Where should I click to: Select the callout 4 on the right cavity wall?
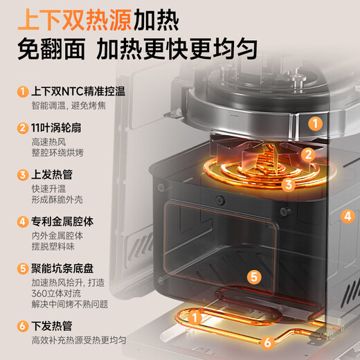point(346,215)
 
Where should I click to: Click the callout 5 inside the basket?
point(254,277)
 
